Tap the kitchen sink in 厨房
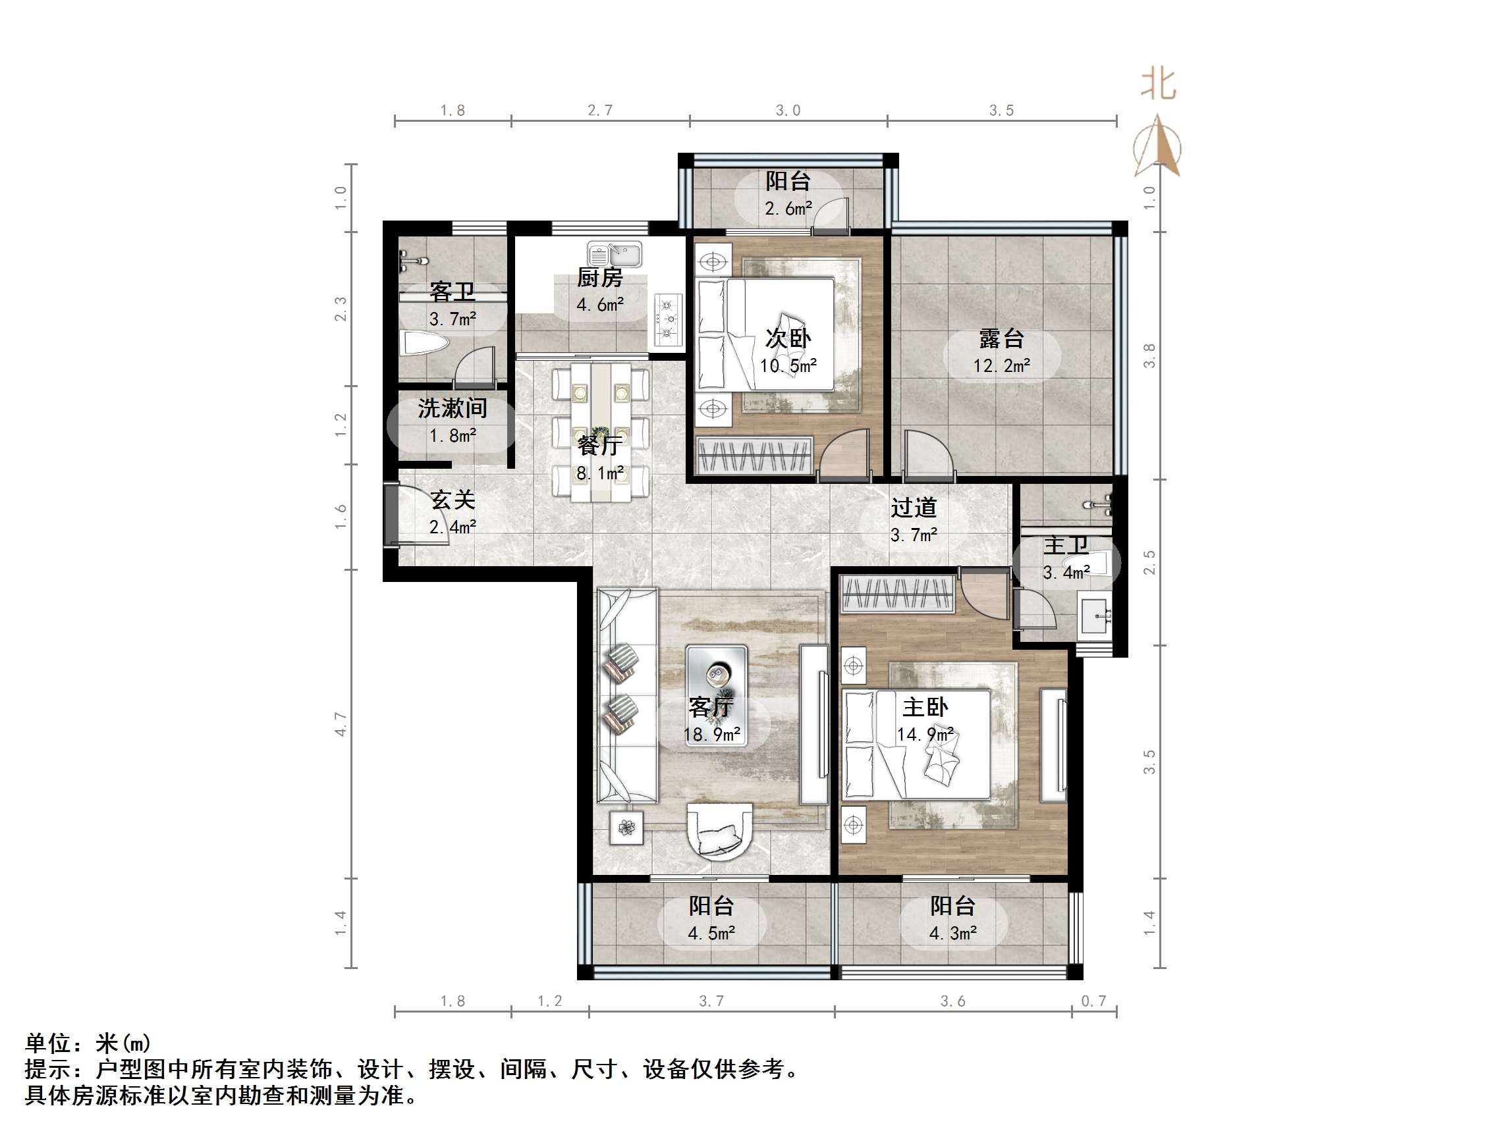click(x=614, y=255)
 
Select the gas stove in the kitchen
click(x=667, y=318)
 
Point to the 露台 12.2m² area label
click(x=1001, y=352)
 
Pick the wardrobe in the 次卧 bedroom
click(x=754, y=456)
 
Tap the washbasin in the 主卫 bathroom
click(x=1095, y=616)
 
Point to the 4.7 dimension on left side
click(x=341, y=724)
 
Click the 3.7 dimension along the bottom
click(x=711, y=1001)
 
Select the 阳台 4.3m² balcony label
click(x=952, y=919)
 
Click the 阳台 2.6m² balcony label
click(x=788, y=195)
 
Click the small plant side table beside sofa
click(x=626, y=828)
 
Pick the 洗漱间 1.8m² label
click(x=453, y=421)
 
